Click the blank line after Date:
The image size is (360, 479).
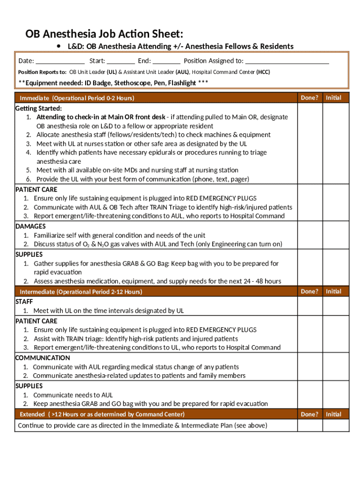click(x=60, y=61)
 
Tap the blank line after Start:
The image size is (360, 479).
click(x=121, y=61)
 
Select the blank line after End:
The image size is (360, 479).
click(x=166, y=61)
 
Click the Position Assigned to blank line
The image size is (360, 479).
click(x=287, y=61)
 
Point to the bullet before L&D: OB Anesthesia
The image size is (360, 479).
click(x=59, y=46)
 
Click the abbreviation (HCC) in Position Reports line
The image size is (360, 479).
click(x=262, y=72)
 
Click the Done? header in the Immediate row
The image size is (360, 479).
click(x=310, y=97)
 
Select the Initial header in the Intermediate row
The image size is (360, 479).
click(x=333, y=291)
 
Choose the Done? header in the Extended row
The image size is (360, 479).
click(x=310, y=414)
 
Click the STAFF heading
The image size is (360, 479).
click(x=24, y=302)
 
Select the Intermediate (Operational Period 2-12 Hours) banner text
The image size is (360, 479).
click(x=81, y=292)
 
